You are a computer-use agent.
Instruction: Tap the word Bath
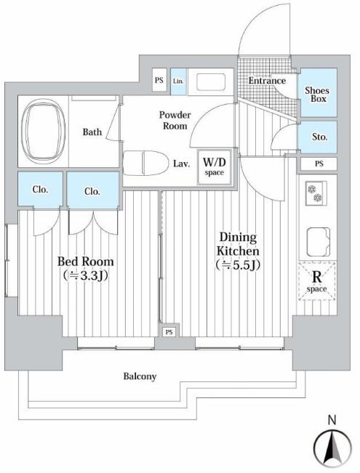coord(92,132)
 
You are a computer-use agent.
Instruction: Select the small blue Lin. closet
coord(179,81)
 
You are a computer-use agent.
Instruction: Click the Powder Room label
coord(175,120)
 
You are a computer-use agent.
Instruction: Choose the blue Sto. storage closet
coord(319,137)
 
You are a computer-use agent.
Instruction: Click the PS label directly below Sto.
coord(319,163)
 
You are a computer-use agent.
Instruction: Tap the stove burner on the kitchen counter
coord(316,194)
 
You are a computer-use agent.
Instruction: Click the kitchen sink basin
coord(319,239)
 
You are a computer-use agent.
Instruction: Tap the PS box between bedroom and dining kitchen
coord(168,332)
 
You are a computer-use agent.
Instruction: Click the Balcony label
coord(139,376)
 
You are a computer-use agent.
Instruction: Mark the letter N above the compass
coord(332,419)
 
